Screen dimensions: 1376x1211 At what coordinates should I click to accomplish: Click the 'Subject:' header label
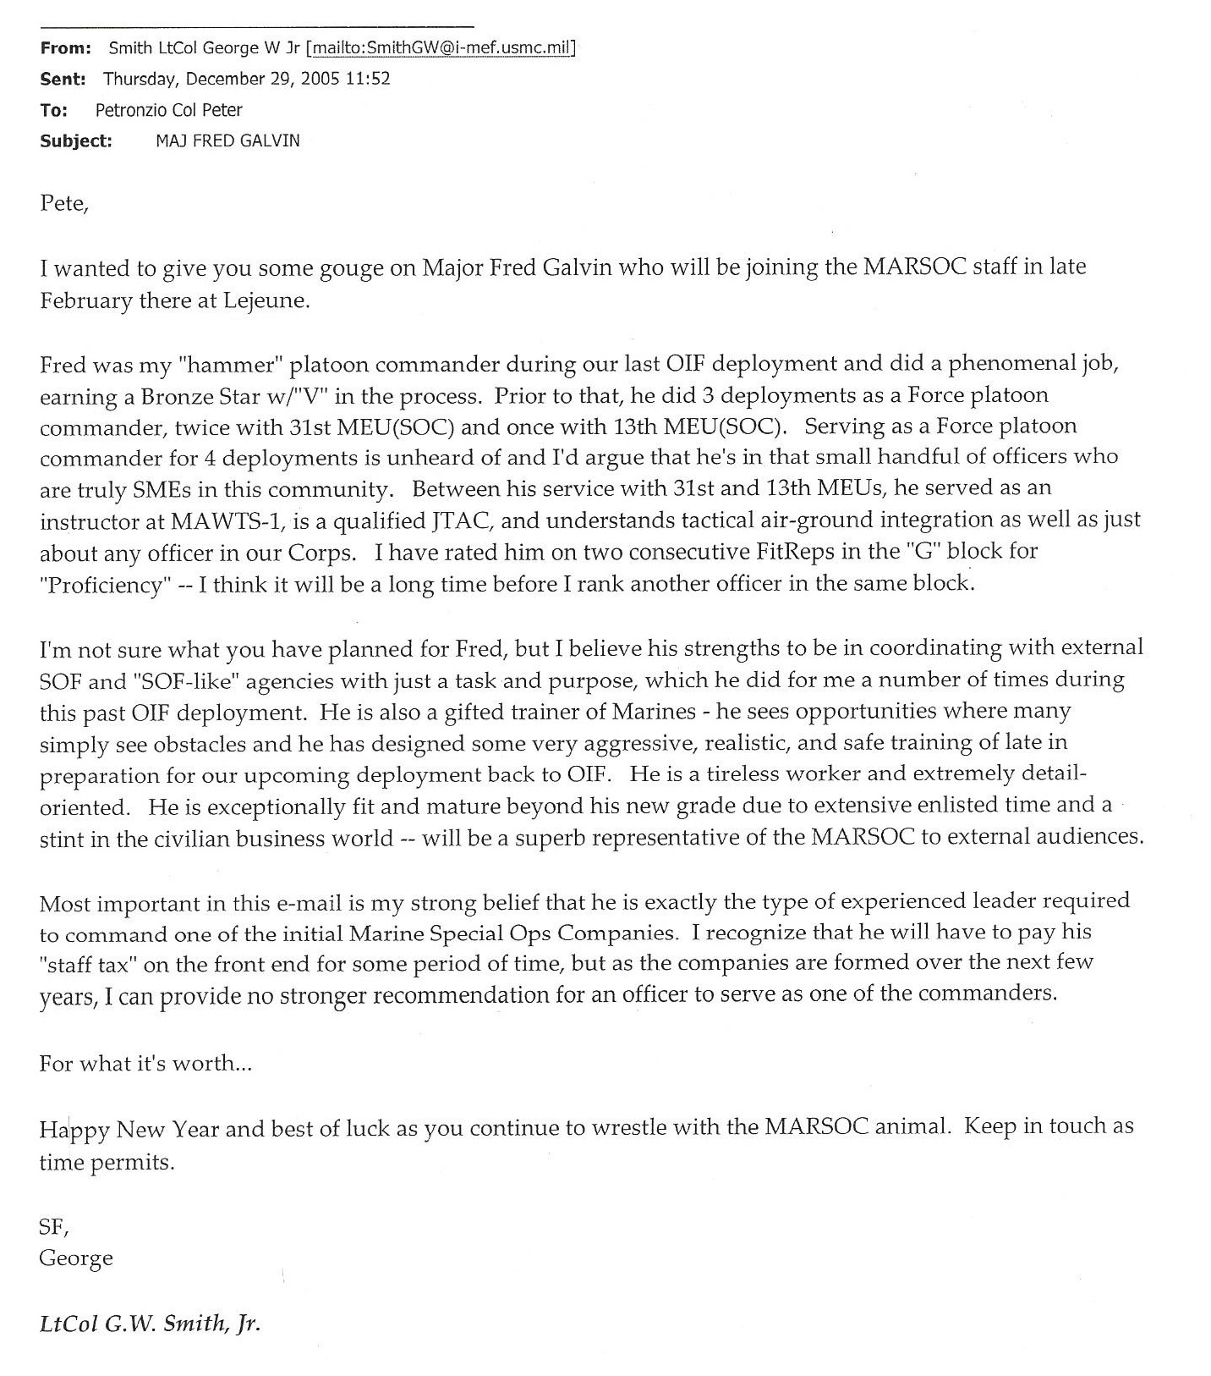coord(76,141)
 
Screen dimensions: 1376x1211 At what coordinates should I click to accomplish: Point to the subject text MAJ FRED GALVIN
coord(227,141)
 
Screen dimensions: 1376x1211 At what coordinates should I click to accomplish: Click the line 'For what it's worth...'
coord(145,1064)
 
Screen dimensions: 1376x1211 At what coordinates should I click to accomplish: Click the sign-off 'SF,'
coord(53,1226)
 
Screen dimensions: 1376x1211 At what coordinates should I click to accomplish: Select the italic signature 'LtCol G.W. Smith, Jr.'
coord(150,1324)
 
